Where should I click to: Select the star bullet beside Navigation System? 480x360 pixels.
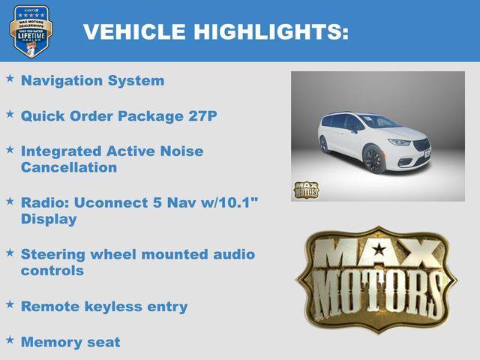10,78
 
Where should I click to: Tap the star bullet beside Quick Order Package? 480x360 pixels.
10,114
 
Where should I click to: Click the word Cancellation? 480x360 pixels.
68,167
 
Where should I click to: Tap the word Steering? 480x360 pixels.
54,254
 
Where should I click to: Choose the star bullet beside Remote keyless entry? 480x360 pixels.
10,304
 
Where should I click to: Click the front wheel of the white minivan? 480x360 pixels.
373,159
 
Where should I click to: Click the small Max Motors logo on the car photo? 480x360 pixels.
306,189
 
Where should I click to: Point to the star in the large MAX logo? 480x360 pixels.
379,248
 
